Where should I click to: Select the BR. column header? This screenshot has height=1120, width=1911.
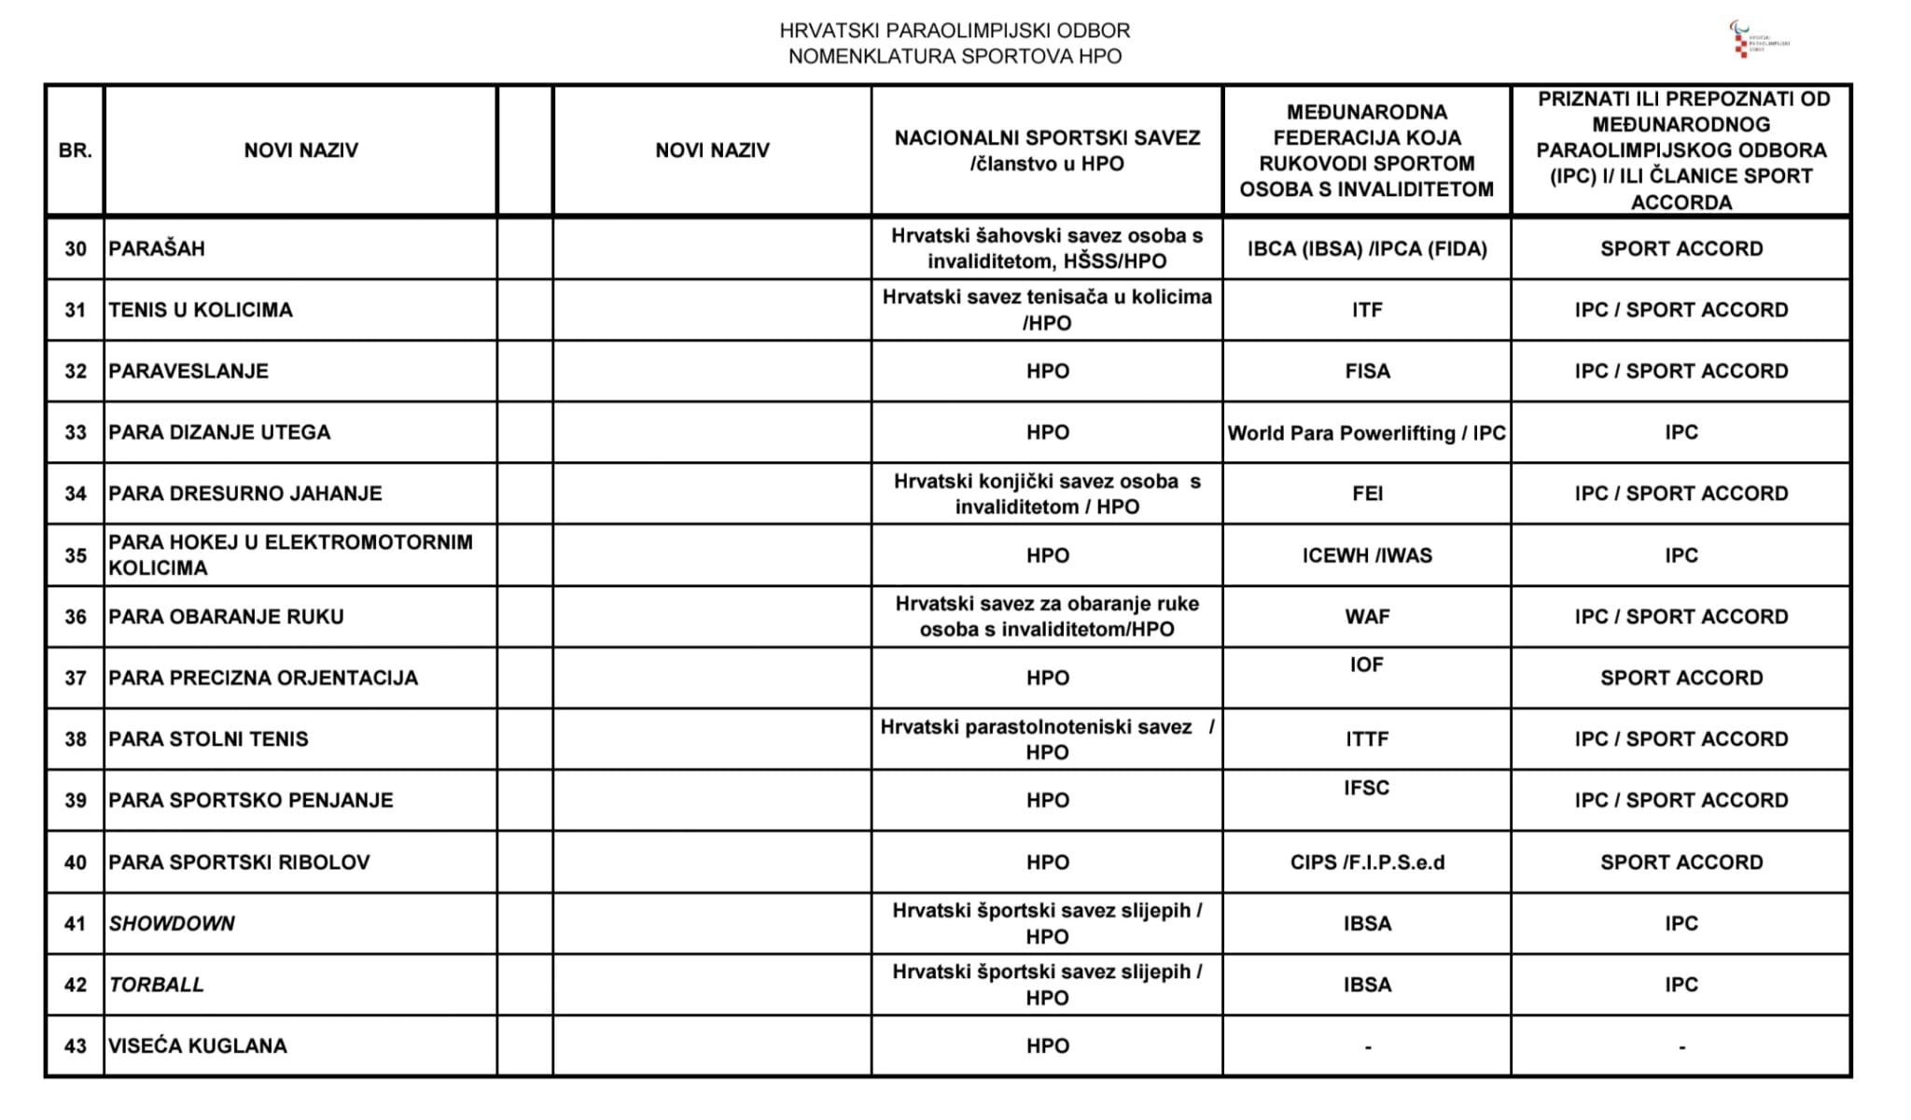(x=75, y=150)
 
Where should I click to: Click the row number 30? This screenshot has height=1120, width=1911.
(x=75, y=249)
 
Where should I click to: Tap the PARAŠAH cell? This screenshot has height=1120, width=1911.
(x=157, y=249)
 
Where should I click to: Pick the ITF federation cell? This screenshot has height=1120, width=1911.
(x=1366, y=310)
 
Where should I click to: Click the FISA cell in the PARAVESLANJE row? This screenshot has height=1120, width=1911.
(x=1366, y=371)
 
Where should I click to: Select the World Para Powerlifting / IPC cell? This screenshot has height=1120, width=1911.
(x=1366, y=433)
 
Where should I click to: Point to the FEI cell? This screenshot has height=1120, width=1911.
(x=1366, y=494)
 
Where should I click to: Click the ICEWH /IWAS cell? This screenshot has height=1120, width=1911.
(x=1366, y=555)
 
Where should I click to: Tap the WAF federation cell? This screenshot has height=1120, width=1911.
(x=1366, y=617)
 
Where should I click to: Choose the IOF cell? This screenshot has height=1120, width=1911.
(x=1366, y=665)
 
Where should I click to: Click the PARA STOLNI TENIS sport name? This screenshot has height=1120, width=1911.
(x=208, y=739)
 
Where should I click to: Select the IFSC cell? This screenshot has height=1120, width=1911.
(x=1366, y=789)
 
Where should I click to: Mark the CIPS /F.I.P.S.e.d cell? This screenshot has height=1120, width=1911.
(x=1366, y=862)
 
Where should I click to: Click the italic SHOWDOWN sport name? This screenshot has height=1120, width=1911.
(x=172, y=924)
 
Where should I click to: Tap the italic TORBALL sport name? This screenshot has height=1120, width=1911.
(x=156, y=985)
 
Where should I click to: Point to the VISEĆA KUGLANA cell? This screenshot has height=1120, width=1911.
(x=198, y=1046)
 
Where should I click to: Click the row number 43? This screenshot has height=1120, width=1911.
(x=75, y=1046)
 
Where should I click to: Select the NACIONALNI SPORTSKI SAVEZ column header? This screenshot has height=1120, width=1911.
(x=1047, y=150)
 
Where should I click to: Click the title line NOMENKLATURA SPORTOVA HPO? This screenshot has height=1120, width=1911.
(x=955, y=57)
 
